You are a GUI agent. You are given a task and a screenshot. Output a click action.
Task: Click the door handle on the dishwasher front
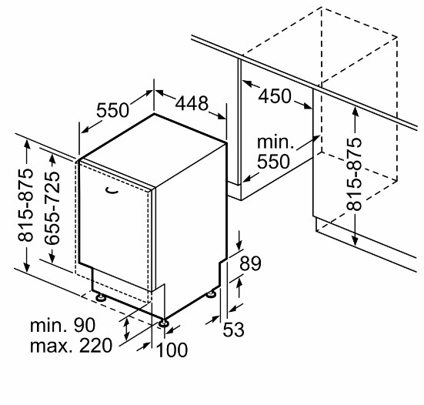(111, 191)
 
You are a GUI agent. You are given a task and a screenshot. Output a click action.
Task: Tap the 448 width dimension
(192, 103)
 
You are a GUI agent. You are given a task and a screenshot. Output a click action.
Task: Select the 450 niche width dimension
(275, 96)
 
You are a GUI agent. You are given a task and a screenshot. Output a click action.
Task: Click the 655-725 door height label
(52, 209)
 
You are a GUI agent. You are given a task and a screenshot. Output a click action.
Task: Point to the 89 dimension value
(250, 263)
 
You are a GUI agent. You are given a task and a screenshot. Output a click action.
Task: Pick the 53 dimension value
(233, 330)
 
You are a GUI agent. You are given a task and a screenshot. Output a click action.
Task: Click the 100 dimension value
(172, 350)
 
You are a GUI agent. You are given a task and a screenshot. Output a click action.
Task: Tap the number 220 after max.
(95, 346)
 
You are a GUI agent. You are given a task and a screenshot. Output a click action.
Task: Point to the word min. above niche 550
(275, 142)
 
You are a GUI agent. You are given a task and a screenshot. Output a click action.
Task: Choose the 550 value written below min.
(273, 162)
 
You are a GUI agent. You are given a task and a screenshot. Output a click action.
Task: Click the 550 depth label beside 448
(113, 110)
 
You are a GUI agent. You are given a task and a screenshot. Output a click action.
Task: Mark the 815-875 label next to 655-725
(25, 205)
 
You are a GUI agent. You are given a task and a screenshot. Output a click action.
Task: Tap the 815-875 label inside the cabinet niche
(354, 174)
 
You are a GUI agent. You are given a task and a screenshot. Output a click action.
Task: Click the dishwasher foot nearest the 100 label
(163, 323)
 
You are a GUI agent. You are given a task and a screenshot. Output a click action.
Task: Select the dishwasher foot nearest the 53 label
(211, 294)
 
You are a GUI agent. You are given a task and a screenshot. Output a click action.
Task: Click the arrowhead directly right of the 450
(308, 106)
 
